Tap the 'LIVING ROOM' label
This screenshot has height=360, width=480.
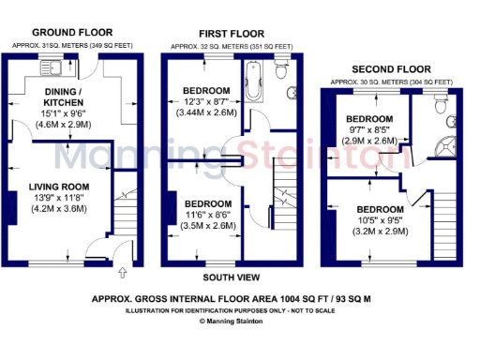[57, 186]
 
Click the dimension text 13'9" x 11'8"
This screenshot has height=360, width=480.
[58, 197]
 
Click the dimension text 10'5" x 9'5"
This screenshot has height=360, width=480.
[379, 220]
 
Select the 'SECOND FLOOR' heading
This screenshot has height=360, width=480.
[390, 69]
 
